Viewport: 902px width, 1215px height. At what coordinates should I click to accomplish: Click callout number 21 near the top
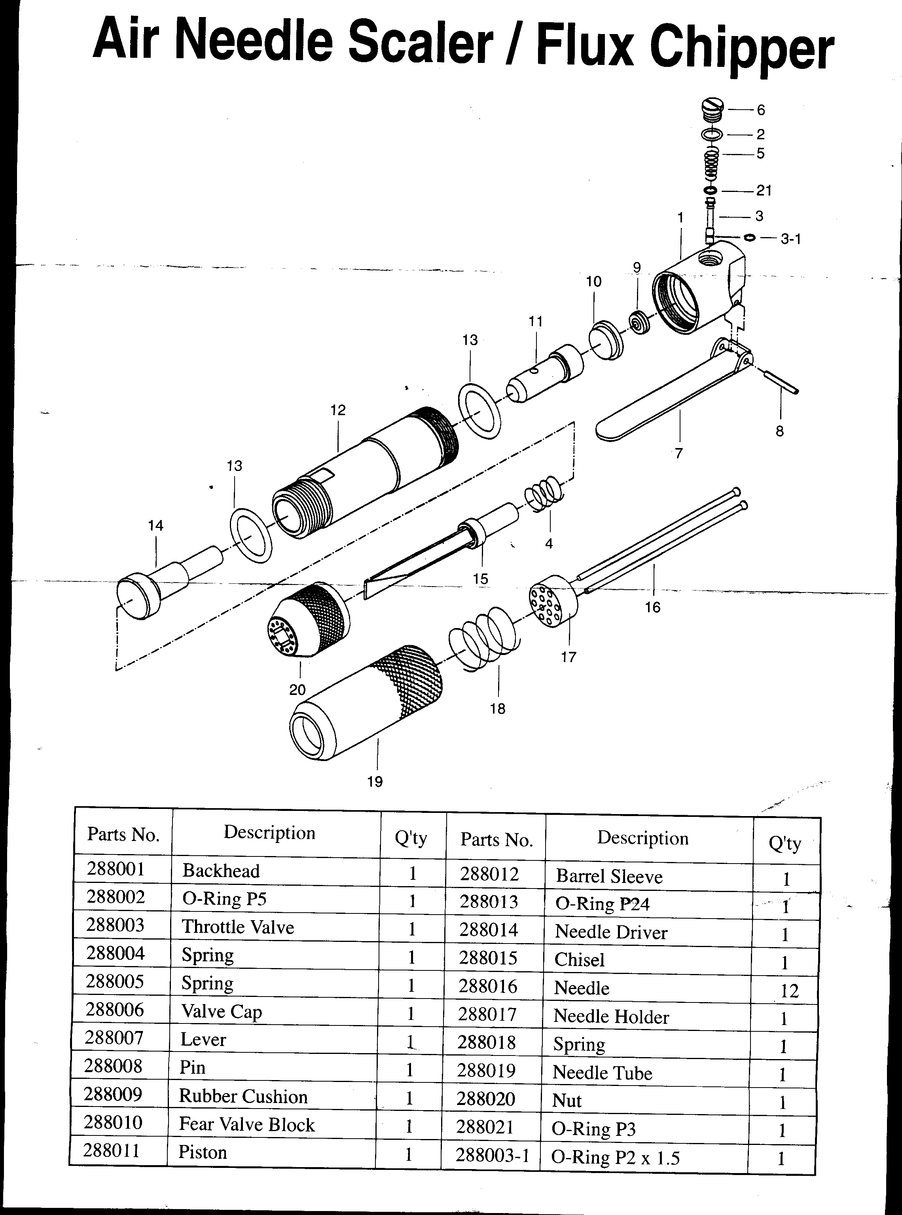[764, 191]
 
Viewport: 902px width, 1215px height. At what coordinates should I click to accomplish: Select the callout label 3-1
[790, 239]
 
